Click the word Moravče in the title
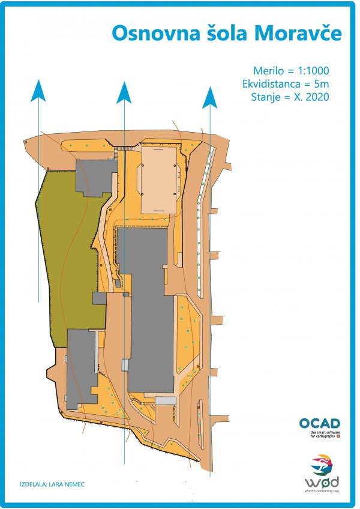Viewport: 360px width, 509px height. coord(298,33)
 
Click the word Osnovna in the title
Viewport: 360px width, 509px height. coord(156,34)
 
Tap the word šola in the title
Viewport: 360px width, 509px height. coord(227,33)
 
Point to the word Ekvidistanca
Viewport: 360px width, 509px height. coord(271,84)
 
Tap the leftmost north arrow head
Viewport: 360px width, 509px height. coord(38,91)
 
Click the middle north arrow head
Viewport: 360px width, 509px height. coord(124,92)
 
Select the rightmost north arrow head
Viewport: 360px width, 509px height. coord(210,97)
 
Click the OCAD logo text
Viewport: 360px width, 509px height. coord(319,423)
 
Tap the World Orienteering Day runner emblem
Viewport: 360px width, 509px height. coord(322,465)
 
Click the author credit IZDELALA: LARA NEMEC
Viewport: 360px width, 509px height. coord(52,484)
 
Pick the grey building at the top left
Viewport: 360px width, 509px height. coord(97,178)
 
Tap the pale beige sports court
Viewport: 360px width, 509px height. coord(159,180)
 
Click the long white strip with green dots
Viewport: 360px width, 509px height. coord(205,222)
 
